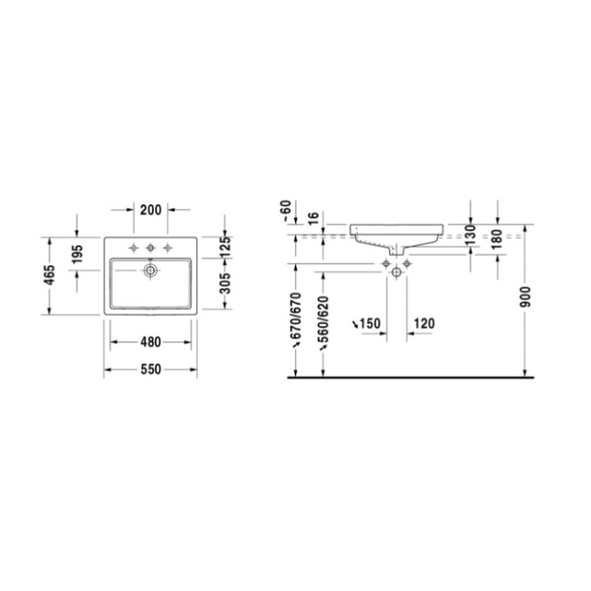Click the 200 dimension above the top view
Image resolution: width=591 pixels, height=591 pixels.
(150, 210)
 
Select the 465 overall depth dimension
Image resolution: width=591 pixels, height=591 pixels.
(51, 275)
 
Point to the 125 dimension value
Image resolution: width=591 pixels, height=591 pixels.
(227, 244)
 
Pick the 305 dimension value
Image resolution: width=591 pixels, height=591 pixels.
(227, 284)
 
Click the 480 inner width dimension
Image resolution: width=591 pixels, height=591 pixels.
(150, 342)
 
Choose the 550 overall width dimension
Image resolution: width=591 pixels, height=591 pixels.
(150, 369)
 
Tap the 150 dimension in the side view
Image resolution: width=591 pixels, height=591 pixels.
(369, 324)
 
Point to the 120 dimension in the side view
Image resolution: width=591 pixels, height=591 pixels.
(424, 324)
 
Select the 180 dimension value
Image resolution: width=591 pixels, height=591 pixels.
(497, 238)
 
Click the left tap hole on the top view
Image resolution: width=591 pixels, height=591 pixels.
(133, 247)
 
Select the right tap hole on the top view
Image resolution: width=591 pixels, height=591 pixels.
(168, 247)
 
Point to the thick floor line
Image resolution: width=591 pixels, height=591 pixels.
(410, 378)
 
